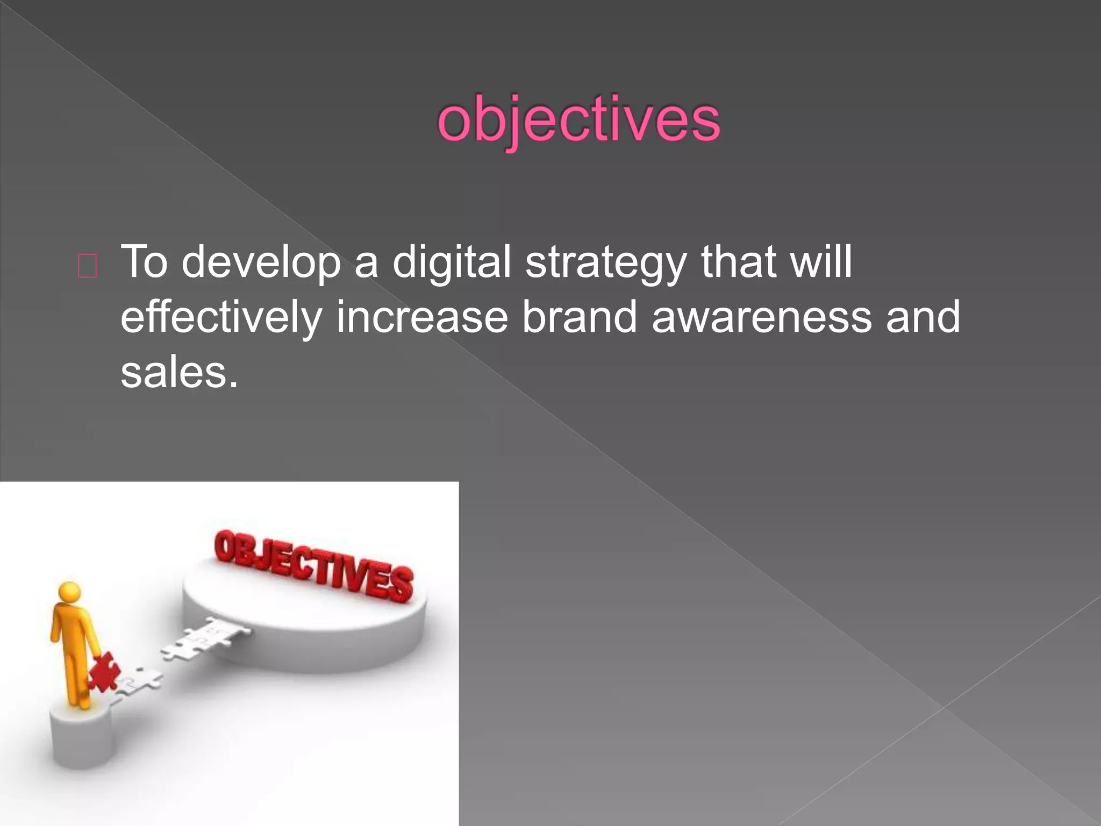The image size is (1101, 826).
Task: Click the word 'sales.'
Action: (179, 373)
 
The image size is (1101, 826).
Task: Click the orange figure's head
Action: (70, 593)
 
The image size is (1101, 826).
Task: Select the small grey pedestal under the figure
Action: (83, 737)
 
